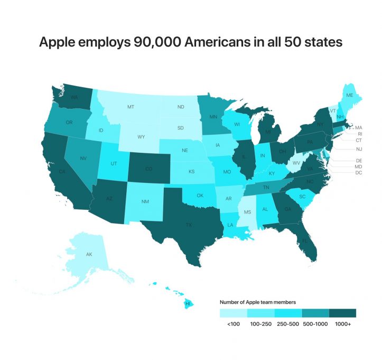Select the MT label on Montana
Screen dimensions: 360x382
(131, 107)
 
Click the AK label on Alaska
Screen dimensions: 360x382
(90, 255)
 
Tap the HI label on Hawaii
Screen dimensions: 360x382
(188, 304)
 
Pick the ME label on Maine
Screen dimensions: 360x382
(349, 96)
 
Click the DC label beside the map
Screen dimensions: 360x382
(359, 173)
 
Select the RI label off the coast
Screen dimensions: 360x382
(359, 134)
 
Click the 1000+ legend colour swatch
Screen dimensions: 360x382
(342, 313)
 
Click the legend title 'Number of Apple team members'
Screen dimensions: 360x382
(257, 302)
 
